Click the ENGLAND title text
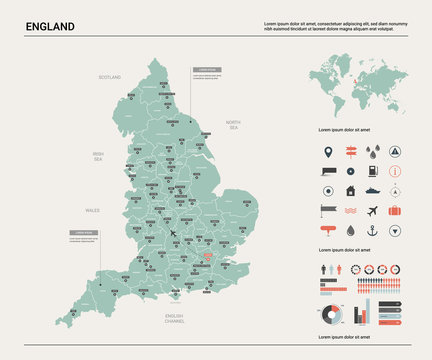pos(49,25)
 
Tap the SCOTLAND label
pos(109,77)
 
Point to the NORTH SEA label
pos(232,125)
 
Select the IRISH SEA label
pos(98,156)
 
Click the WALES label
pos(92,211)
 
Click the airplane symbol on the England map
pos(174,234)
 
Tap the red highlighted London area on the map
pos(209,259)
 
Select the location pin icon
pos(328,153)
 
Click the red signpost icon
pos(350,153)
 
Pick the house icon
pos(350,190)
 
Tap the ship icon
pos(372,190)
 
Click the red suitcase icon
pos(394,211)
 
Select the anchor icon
pos(372,232)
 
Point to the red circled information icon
pos(394,190)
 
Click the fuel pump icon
pos(328,172)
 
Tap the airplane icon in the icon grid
pos(372,211)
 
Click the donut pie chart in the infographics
pos(333,315)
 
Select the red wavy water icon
pos(350,211)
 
